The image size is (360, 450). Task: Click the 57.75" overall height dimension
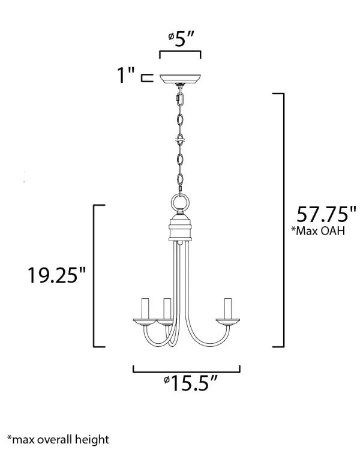click(326, 214)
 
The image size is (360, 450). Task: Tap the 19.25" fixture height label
click(56, 275)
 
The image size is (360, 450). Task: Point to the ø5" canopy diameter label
click(181, 39)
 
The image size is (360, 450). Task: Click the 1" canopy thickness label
click(126, 75)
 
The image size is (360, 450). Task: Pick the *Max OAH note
click(318, 231)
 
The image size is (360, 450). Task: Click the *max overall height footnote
click(58, 439)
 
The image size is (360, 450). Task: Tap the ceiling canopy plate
click(180, 79)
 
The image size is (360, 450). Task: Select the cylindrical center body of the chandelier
click(180, 228)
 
